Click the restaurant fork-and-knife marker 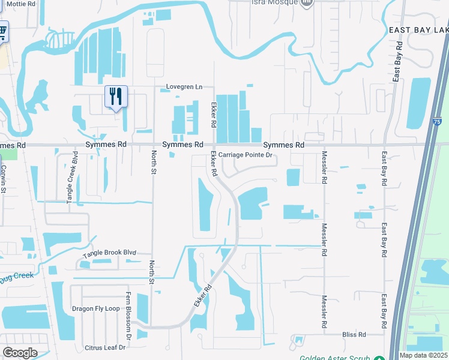pos(116,96)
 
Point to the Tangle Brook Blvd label pos(110,253)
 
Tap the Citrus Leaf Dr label pos(104,347)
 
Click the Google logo pos(20,353)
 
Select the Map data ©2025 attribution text pos(424,355)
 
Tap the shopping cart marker pos(2,30)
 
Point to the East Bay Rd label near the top pos(397,62)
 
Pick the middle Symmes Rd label pos(183,145)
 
